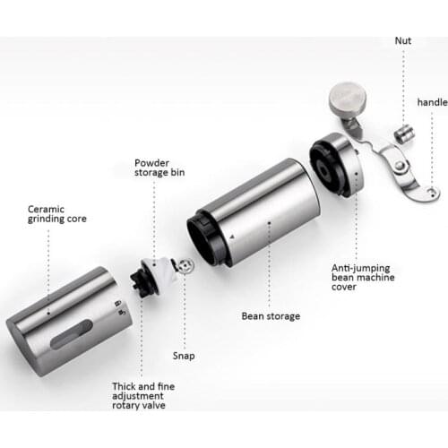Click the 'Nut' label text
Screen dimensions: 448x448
click(405, 40)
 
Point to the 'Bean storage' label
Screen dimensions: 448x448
click(271, 315)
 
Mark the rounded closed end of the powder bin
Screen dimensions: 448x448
click(27, 345)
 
